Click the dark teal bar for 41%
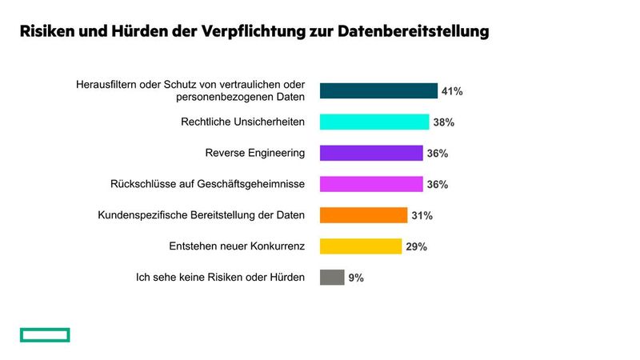[378, 91]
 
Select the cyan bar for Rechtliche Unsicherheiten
[374, 122]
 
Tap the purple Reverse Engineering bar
[371, 153]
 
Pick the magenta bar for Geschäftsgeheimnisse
[371, 184]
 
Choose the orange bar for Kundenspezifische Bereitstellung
[363, 215]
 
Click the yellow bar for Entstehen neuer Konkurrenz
[361, 246]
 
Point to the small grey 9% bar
[332, 278]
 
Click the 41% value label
[452, 91]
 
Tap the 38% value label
[443, 122]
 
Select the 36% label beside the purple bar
[438, 153]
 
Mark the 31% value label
[422, 215]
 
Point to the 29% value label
[416, 246]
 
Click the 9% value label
[356, 278]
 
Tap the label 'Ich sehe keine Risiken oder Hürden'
[220, 278]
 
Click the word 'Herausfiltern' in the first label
[107, 84]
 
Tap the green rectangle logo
[45, 334]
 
